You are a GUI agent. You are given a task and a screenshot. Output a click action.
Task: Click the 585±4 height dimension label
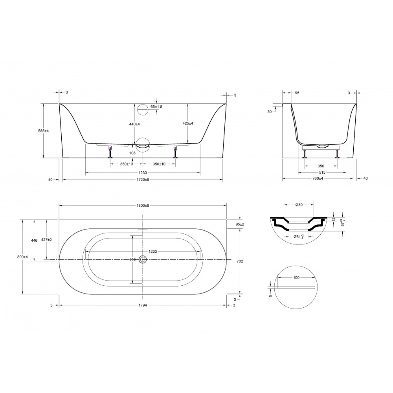click(44, 130)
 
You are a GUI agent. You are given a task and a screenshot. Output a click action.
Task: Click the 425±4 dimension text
click(188, 123)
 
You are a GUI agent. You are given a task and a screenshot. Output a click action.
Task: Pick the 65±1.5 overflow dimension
click(156, 107)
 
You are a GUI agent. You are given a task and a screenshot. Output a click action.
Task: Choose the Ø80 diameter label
click(299, 204)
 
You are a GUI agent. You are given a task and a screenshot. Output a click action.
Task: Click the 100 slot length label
click(296, 278)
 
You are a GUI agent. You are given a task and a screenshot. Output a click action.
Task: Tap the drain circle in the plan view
click(143, 259)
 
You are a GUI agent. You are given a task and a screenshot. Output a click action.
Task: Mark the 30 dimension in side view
click(270, 112)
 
